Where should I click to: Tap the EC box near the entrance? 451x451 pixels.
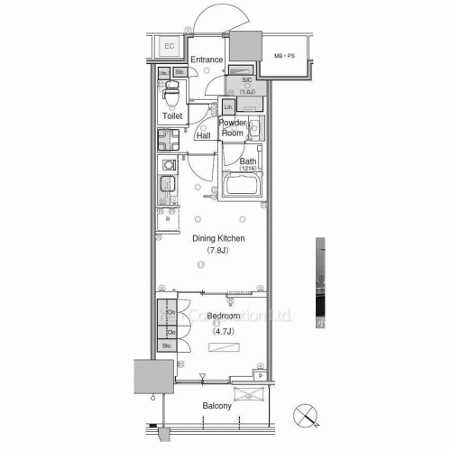(x=169, y=47)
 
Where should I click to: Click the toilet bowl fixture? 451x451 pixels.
(x=170, y=94)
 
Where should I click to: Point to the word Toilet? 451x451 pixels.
(x=172, y=117)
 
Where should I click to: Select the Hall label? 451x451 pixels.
(x=204, y=136)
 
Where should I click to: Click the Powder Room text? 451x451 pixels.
(x=234, y=127)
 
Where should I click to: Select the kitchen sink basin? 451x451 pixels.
(x=166, y=189)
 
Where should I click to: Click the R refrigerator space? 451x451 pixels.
(x=168, y=220)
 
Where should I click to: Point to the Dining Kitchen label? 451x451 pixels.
(x=219, y=238)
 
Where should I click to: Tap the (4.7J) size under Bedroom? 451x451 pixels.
(x=222, y=331)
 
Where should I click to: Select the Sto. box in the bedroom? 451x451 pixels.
(x=167, y=345)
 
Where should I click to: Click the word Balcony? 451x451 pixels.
(x=216, y=406)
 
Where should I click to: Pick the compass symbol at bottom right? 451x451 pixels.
(x=308, y=416)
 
